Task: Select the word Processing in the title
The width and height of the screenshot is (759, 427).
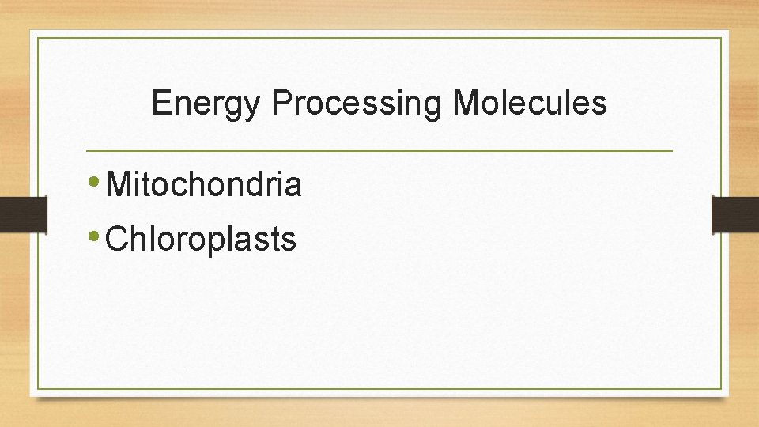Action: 356,103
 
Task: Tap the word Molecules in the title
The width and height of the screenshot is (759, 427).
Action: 530,103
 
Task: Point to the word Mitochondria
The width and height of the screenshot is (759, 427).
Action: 203,184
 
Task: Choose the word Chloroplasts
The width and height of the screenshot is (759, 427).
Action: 201,238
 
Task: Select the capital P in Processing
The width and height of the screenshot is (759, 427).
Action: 280,103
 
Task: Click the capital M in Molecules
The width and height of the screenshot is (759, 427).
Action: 466,103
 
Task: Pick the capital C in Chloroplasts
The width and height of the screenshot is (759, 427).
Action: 116,238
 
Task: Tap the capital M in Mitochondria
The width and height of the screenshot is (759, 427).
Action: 118,184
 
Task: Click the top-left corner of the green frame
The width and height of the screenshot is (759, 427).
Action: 37,37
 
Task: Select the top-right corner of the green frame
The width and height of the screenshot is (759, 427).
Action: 722,37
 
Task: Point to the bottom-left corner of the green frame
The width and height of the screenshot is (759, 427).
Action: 37,389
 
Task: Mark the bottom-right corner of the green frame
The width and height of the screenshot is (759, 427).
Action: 722,389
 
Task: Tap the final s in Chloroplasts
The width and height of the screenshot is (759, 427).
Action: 289,240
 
